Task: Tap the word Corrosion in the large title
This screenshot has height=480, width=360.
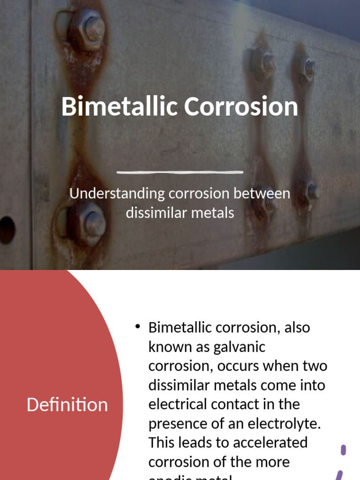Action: [241, 106]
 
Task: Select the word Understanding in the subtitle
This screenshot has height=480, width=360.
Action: [117, 194]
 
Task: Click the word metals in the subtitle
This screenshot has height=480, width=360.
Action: [212, 213]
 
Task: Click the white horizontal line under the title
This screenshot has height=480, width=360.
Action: [180, 172]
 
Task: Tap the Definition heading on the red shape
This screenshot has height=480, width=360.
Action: [67, 405]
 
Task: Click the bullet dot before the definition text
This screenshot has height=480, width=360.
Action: [137, 326]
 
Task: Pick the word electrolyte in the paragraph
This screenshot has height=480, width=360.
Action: [283, 423]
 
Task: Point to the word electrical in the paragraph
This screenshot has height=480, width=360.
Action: [178, 404]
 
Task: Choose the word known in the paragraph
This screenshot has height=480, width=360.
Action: [168, 347]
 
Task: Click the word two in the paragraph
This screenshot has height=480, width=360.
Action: [315, 366]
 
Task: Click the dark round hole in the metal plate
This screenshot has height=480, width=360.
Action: [6, 230]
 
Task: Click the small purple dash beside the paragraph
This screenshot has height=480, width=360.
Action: [344, 450]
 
